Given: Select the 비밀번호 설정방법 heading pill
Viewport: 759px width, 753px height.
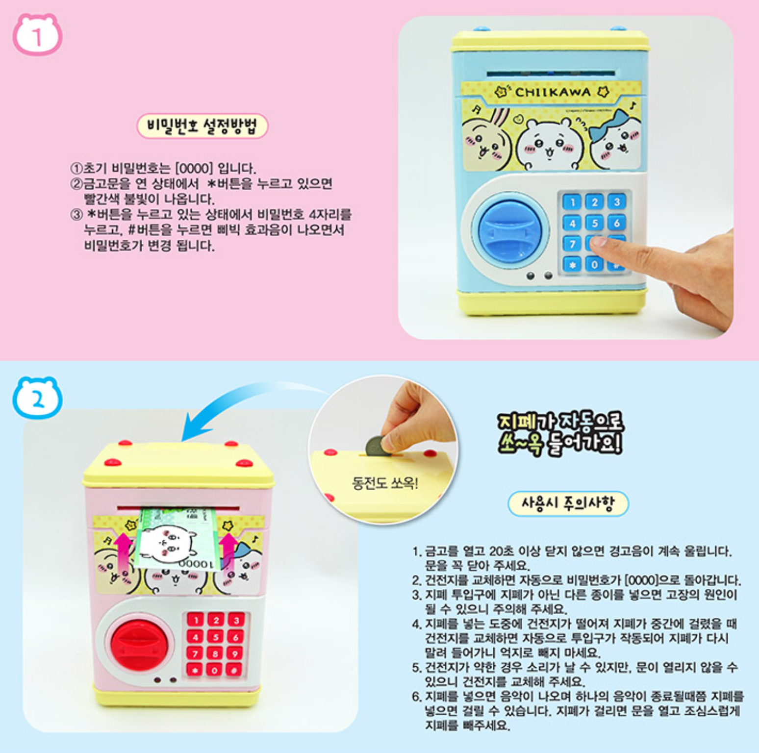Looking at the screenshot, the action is (x=202, y=126).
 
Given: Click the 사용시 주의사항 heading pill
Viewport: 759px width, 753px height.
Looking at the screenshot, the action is (x=568, y=503).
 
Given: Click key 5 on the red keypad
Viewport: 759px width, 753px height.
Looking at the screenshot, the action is (x=215, y=637).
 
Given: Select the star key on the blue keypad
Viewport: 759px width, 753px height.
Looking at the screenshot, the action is (x=572, y=265).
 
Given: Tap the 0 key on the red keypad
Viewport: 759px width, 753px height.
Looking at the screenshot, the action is (x=215, y=670).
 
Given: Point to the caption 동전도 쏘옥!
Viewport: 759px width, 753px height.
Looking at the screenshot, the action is (x=385, y=484).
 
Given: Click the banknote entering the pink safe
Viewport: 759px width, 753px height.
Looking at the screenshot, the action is (x=177, y=538).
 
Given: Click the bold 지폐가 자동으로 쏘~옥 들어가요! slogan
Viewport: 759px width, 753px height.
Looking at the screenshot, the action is (x=560, y=433).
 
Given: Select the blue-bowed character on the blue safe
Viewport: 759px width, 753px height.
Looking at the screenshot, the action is (x=615, y=140).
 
